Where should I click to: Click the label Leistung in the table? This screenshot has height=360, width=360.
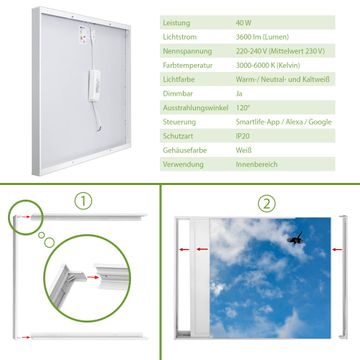(x=176, y=23)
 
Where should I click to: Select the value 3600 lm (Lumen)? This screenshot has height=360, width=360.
(x=262, y=37)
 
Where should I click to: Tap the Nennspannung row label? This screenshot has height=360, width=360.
(x=187, y=51)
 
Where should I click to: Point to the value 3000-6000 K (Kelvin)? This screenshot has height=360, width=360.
(x=268, y=65)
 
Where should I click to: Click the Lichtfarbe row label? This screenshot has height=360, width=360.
(x=179, y=80)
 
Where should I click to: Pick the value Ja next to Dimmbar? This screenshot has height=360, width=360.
(x=239, y=94)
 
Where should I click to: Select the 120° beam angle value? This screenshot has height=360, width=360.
(x=243, y=108)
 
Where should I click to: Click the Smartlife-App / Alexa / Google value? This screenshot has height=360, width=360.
(x=284, y=122)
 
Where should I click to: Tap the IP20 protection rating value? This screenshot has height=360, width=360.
(x=243, y=136)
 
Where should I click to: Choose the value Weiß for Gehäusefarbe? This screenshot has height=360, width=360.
(x=244, y=150)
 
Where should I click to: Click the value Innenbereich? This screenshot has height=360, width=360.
(x=257, y=164)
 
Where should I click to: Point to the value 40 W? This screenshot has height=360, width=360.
(x=244, y=23)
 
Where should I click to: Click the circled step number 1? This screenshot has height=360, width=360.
(x=83, y=202)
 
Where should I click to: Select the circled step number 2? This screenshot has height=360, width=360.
(x=267, y=204)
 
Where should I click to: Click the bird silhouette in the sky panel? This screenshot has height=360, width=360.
(x=295, y=238)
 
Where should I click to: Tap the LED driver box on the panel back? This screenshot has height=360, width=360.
(x=94, y=85)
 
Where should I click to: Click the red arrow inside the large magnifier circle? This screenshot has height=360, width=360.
(x=93, y=277)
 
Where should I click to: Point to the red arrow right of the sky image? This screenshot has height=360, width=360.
(x=337, y=249)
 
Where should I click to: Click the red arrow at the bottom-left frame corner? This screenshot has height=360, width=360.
(x=24, y=337)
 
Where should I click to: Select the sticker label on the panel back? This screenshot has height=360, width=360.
(x=83, y=34)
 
